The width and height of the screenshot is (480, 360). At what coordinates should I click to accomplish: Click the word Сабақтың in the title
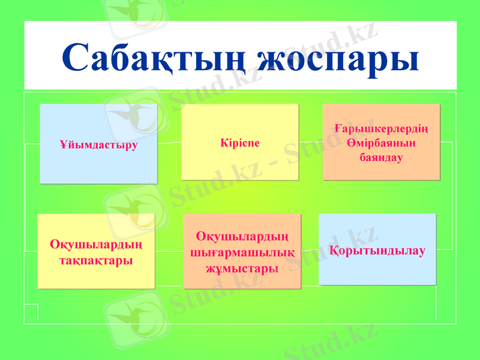pyautogui.click(x=153, y=58)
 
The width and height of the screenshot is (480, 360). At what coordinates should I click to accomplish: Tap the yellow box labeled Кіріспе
pyautogui.click(x=240, y=162)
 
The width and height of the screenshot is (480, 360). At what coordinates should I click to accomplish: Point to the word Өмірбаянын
pyautogui.click(x=382, y=144)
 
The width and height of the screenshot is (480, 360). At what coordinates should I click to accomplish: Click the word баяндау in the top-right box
pyautogui.click(x=382, y=157)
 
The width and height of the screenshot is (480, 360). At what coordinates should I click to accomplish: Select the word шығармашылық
pyautogui.click(x=242, y=253)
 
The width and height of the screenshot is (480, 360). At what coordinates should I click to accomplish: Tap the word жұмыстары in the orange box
pyautogui.click(x=242, y=268)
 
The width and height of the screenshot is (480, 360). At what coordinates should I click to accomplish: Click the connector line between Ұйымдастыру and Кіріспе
pyautogui.click(x=169, y=143)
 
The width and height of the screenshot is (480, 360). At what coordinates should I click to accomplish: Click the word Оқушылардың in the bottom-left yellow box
pyautogui.click(x=96, y=245)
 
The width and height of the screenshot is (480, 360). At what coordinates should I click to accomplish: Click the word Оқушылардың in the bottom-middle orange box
pyautogui.click(x=242, y=238)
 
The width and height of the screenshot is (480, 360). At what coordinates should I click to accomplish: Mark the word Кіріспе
pyautogui.click(x=240, y=145)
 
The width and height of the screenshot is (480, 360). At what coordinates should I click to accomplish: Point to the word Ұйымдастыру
pyautogui.click(x=98, y=145)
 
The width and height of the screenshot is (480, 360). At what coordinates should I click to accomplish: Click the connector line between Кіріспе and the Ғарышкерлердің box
pyautogui.click(x=311, y=142)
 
